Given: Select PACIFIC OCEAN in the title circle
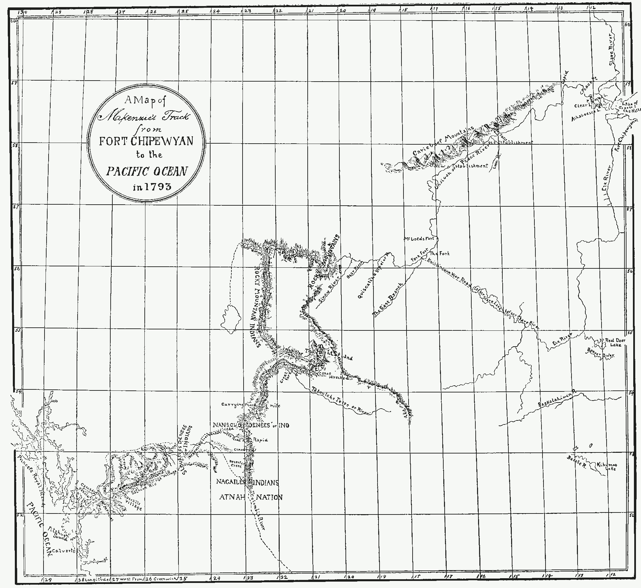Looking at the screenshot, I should tap(146, 172).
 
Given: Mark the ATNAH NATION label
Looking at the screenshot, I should tap(251, 497).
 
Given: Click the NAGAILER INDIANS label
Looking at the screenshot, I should tap(247, 483).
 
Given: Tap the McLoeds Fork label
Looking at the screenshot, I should tap(418, 239).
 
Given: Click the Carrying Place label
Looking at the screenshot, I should tap(238, 405).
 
